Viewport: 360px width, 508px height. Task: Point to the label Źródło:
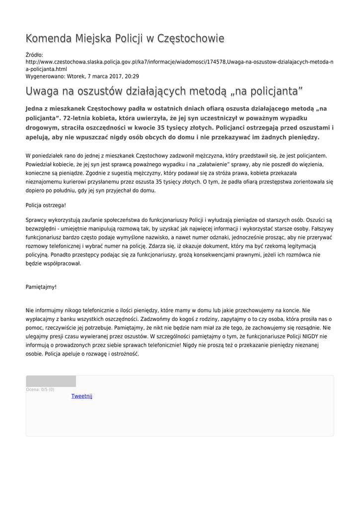[34, 55]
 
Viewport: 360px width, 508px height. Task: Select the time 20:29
[132, 76]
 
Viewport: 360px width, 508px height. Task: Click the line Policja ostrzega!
[46, 205]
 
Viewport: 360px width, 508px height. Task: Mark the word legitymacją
[300, 246]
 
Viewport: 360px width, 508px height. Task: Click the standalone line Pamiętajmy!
[41, 287]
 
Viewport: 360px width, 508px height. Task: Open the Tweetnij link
[82, 396]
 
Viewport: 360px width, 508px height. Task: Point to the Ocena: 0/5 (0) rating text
[40, 389]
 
